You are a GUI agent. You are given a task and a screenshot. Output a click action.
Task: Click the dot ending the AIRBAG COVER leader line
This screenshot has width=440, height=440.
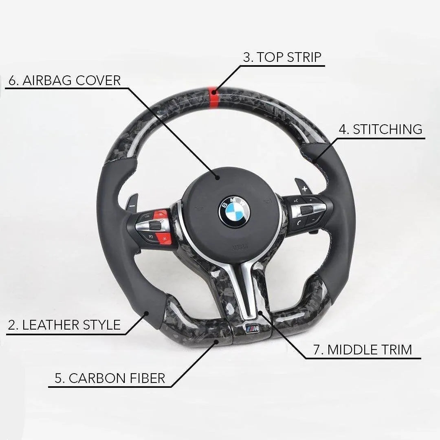point(218,177)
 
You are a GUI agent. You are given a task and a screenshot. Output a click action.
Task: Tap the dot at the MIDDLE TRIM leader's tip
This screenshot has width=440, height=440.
point(260,312)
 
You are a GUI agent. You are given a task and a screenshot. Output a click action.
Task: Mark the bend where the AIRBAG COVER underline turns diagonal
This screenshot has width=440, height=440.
point(129,89)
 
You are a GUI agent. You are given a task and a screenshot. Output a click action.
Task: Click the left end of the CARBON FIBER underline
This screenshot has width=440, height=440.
point(49,387)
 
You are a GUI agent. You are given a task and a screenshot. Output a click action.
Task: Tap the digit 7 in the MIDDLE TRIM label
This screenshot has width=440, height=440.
point(317,350)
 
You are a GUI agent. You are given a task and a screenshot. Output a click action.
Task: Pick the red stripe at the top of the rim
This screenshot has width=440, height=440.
point(214,97)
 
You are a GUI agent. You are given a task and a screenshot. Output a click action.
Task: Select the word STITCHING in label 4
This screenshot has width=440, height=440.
point(387,129)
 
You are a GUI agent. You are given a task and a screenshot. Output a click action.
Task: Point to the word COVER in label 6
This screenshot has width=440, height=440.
point(98,81)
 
